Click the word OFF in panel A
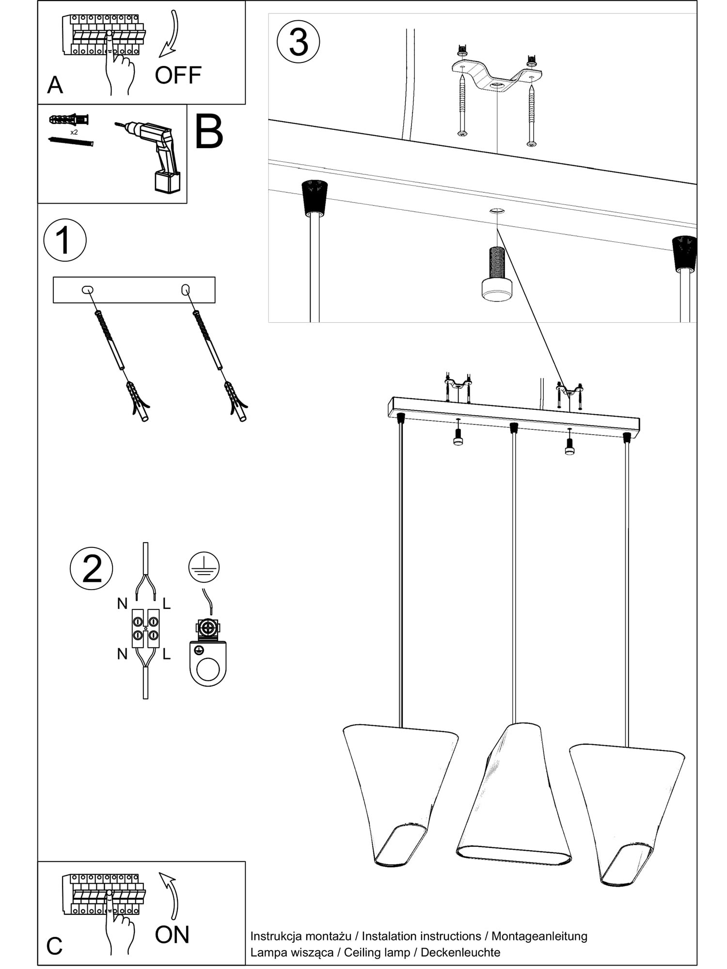[178, 75]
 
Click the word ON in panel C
[172, 935]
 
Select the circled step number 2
[92, 568]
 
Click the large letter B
[208, 132]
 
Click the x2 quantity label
[74, 132]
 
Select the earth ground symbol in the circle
[204, 566]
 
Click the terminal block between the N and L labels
[145, 628]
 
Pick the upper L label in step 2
[166, 604]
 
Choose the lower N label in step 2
[122, 655]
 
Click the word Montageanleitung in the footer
[539, 936]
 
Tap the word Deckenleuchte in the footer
[460, 952]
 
